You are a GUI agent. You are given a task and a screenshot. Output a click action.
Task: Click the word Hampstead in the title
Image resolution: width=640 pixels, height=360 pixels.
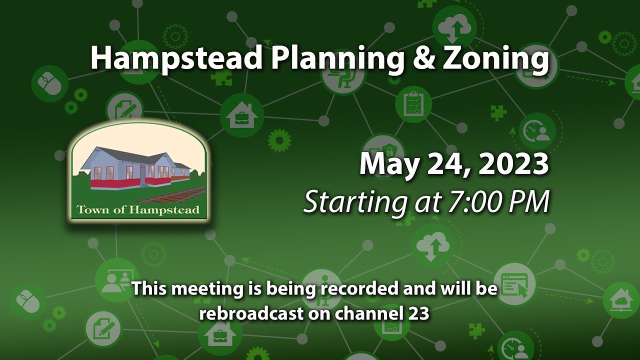pyautogui.click(x=176, y=58)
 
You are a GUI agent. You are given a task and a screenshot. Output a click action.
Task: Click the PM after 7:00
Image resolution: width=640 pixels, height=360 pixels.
pyautogui.click(x=531, y=202)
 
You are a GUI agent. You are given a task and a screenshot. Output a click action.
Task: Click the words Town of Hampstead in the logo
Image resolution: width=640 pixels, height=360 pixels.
pyautogui.click(x=138, y=209)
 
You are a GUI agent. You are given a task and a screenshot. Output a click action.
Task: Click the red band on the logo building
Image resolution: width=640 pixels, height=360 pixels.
pyautogui.click(x=115, y=183)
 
